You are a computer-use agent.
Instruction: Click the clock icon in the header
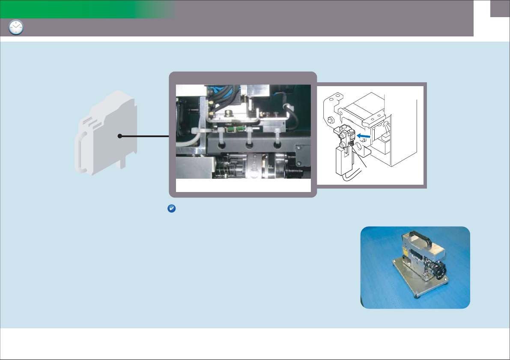[x=16, y=27]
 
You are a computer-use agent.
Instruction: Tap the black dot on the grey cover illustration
[x=120, y=136]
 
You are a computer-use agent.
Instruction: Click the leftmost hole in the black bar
[x=222, y=145]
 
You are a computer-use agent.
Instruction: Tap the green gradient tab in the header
[x=86, y=9]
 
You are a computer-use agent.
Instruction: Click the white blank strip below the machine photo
[x=243, y=185]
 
